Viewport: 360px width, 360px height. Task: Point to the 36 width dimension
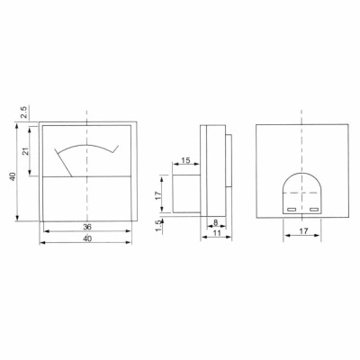(x=86, y=227)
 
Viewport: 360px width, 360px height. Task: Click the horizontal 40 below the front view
(x=86, y=239)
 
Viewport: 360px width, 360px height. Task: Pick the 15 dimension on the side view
(x=185, y=160)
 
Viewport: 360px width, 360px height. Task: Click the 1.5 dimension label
(x=157, y=223)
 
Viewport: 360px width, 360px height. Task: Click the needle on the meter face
(x=66, y=162)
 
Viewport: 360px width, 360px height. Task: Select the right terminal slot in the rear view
(x=313, y=209)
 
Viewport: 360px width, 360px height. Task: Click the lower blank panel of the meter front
(x=86, y=198)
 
